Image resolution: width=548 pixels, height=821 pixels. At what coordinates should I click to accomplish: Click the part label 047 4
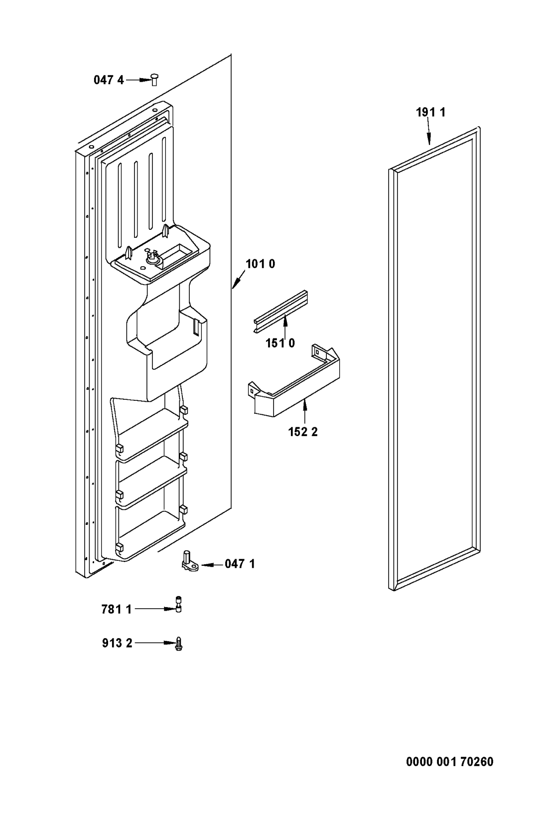tap(109, 80)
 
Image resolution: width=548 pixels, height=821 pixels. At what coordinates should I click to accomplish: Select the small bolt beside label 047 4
tap(154, 80)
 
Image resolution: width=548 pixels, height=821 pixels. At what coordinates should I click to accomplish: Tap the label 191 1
tap(431, 112)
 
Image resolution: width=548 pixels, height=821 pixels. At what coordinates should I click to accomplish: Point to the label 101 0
tap(260, 264)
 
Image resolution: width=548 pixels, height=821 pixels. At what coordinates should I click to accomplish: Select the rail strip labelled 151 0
tap(280, 312)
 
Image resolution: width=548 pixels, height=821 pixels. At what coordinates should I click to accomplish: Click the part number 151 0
tap(280, 343)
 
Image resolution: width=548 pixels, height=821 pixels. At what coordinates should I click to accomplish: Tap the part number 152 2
tap(303, 432)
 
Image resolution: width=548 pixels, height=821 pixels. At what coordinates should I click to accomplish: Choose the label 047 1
tap(240, 564)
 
